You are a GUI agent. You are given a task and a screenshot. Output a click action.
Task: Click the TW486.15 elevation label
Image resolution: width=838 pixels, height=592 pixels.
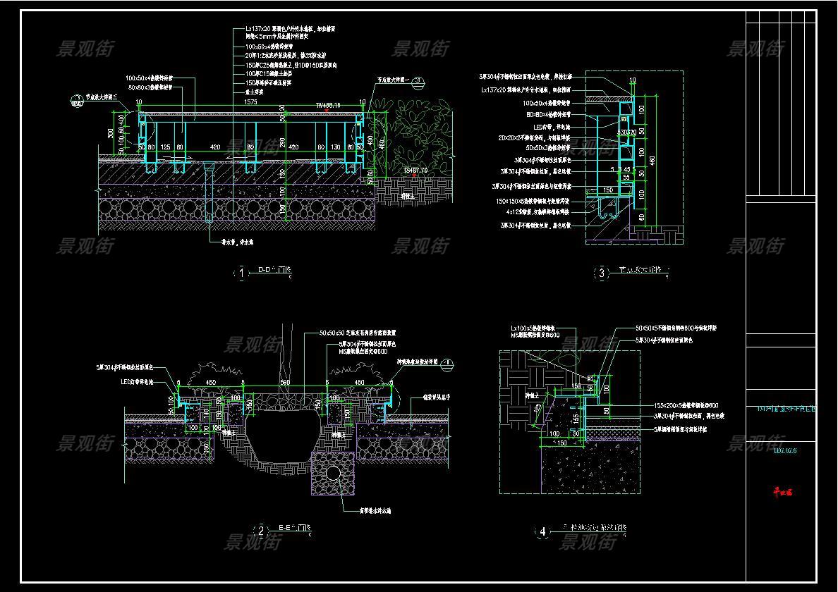point(328,105)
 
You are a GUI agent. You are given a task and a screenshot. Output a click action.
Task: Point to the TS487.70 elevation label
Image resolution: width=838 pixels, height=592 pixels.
point(417,171)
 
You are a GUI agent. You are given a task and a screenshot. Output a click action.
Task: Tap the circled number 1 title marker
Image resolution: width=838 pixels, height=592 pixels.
point(242,273)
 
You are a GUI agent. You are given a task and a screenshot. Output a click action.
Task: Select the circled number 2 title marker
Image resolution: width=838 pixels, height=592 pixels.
point(261,531)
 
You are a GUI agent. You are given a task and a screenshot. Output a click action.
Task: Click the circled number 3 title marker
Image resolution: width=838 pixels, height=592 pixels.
point(602,273)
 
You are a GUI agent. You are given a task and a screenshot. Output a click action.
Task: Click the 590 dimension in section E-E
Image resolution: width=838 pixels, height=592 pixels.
point(285,383)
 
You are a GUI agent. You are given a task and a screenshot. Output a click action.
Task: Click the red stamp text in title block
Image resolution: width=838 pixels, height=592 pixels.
point(782,493)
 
